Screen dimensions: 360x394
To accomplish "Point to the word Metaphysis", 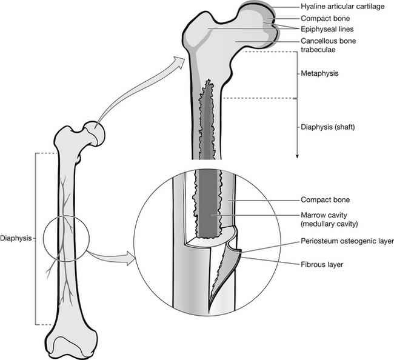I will (x=319, y=73).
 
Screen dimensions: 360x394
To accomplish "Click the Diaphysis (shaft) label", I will (x=327, y=127).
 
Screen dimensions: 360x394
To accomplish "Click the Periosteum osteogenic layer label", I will (x=347, y=241).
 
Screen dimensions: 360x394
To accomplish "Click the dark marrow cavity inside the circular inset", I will (x=208, y=206).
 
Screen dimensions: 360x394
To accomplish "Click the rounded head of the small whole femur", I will (x=93, y=132).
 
